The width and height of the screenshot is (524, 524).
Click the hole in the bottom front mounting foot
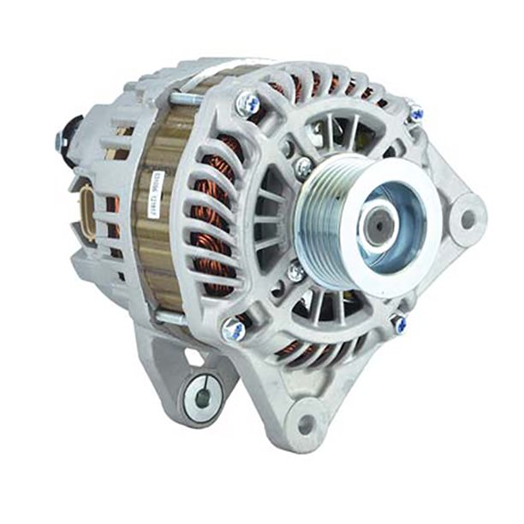click(304, 422)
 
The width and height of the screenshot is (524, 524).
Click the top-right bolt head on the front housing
click(415, 112)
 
